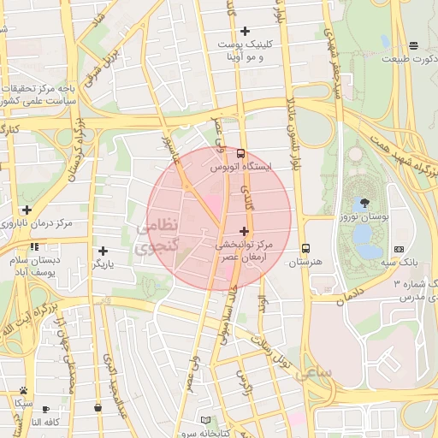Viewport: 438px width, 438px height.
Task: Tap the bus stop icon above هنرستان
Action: [x=305, y=248]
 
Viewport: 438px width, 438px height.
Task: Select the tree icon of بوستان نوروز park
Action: [x=366, y=203]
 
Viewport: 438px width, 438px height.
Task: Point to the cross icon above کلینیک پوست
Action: [x=245, y=31]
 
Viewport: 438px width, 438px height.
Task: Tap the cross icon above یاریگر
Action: [x=104, y=251]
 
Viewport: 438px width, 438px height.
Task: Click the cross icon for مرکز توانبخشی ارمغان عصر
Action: [x=245, y=231]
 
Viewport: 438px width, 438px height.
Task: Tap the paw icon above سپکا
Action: [x=23, y=390]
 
